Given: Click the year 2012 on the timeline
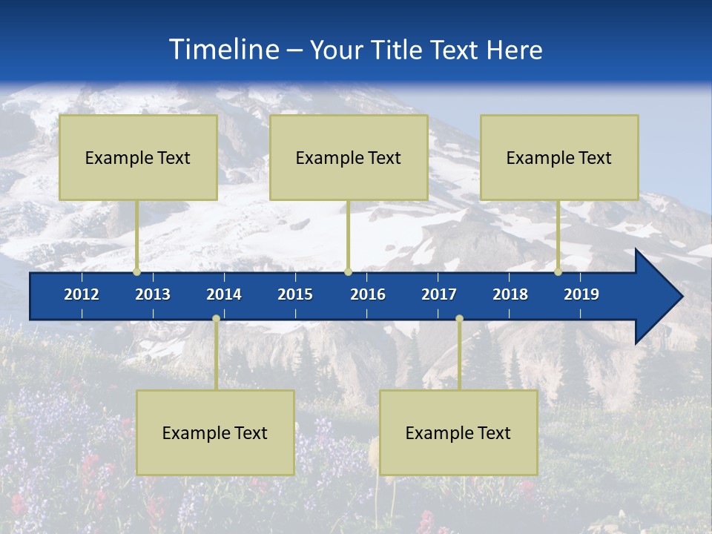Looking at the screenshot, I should tap(82, 294).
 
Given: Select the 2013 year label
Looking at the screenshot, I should tap(153, 294).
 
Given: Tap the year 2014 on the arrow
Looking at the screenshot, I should tap(224, 294).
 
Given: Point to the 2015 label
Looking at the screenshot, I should tap(295, 294).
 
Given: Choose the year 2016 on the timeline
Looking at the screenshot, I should tap(368, 294).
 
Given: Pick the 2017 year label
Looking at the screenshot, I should tap(439, 294).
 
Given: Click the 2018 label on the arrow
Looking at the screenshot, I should tap(510, 294).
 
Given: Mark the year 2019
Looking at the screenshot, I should tap(581, 294).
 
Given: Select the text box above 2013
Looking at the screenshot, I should tap(138, 157).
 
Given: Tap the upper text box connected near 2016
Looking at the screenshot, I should tap(349, 157).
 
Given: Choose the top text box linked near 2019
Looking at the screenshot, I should tap(559, 157).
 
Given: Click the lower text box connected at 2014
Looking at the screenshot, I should tap(215, 432).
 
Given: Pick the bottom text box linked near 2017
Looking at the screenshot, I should tap(458, 432).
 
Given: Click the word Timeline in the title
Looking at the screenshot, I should tap(223, 50).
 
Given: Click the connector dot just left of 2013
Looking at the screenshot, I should tap(136, 272).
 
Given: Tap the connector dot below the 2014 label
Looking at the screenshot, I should tap(216, 319).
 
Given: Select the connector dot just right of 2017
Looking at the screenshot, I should tap(459, 319).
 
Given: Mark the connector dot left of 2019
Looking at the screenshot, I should tap(558, 272).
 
